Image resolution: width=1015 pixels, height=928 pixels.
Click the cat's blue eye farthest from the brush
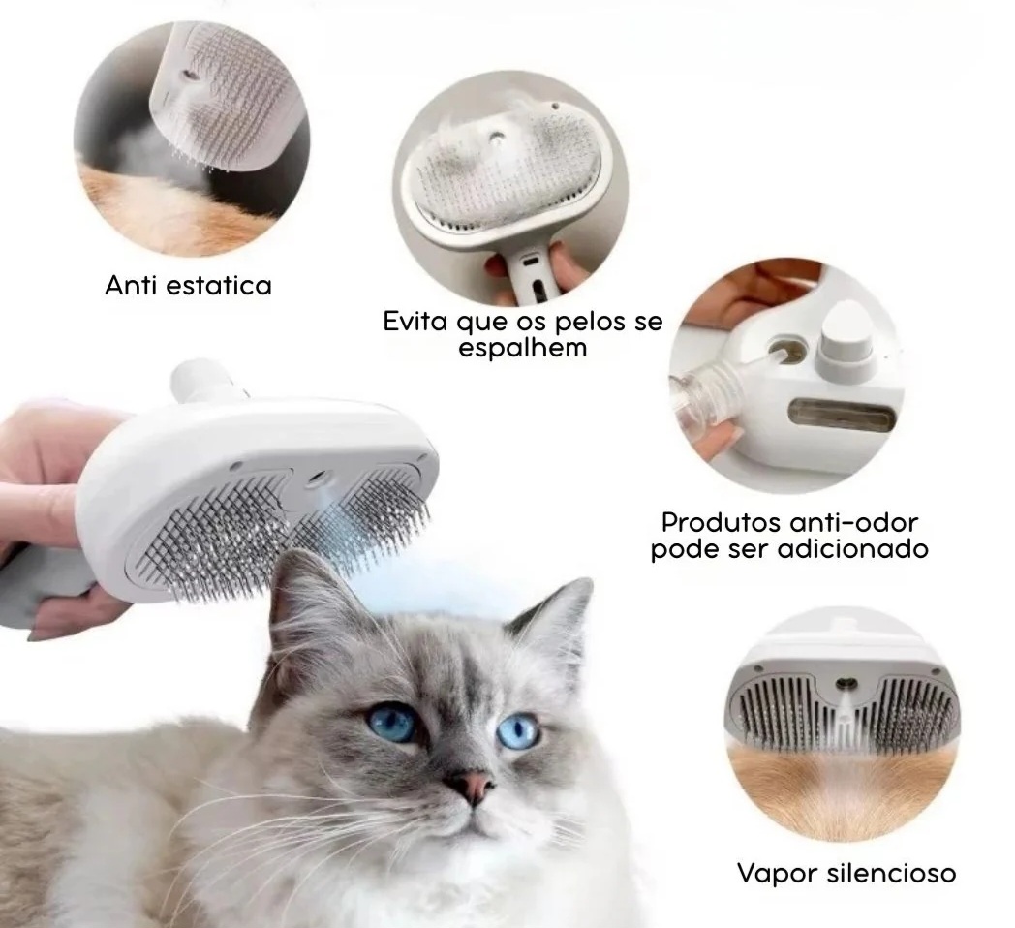(518, 730)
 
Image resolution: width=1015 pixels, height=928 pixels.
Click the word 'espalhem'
(523, 349)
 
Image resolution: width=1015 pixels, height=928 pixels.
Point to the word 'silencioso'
(891, 873)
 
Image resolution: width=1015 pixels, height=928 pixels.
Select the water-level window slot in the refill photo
(843, 412)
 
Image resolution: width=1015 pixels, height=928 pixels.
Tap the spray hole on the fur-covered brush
(496, 138)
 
